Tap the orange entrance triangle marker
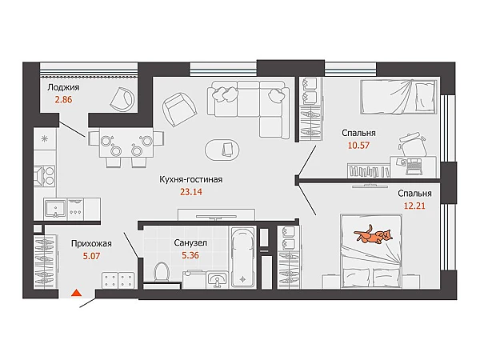[x=76, y=293]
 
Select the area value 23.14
[x=191, y=192]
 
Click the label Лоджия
[x=63, y=87]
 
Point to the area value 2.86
[x=63, y=99]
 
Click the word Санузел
[x=190, y=242]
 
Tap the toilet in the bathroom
[x=162, y=271]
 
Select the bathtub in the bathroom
[x=243, y=257]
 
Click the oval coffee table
[x=222, y=150]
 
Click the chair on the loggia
[x=122, y=98]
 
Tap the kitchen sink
[x=55, y=209]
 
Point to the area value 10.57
[x=358, y=145]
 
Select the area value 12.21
[x=414, y=206]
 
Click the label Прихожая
[x=91, y=244]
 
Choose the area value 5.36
[x=190, y=255]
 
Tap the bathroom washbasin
[x=217, y=280]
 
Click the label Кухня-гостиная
[x=190, y=179]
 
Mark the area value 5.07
[x=91, y=256]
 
